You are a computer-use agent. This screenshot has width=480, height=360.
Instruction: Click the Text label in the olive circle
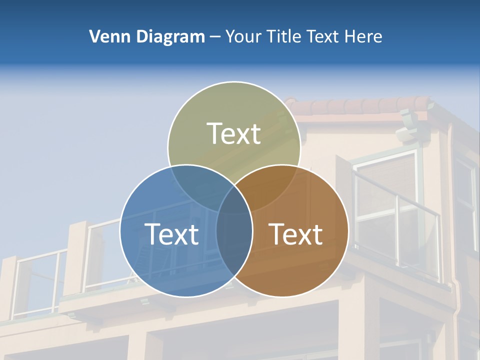(234, 133)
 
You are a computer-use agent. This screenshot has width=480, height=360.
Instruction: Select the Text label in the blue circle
(171, 234)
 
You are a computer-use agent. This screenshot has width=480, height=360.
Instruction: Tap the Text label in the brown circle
(296, 234)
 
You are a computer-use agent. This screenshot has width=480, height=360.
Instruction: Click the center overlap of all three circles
(234, 200)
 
